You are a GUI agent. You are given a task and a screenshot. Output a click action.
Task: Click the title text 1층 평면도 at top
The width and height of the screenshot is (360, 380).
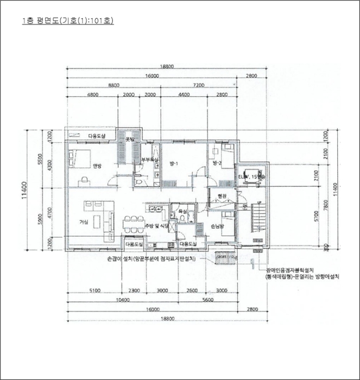67,21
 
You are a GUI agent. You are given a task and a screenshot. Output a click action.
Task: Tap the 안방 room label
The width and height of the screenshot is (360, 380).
97,166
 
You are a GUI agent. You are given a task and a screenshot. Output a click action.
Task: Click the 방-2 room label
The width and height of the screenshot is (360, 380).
217,163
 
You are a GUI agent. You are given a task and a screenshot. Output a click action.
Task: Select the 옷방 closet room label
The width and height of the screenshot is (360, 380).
130,140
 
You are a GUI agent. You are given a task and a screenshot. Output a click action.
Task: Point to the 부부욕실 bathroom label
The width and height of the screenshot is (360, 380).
149,160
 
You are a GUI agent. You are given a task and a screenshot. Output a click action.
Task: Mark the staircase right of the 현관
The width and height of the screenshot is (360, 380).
258,221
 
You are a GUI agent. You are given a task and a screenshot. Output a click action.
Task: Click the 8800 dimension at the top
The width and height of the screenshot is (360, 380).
114,86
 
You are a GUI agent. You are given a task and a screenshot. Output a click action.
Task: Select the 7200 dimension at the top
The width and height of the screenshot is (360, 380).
198,86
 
